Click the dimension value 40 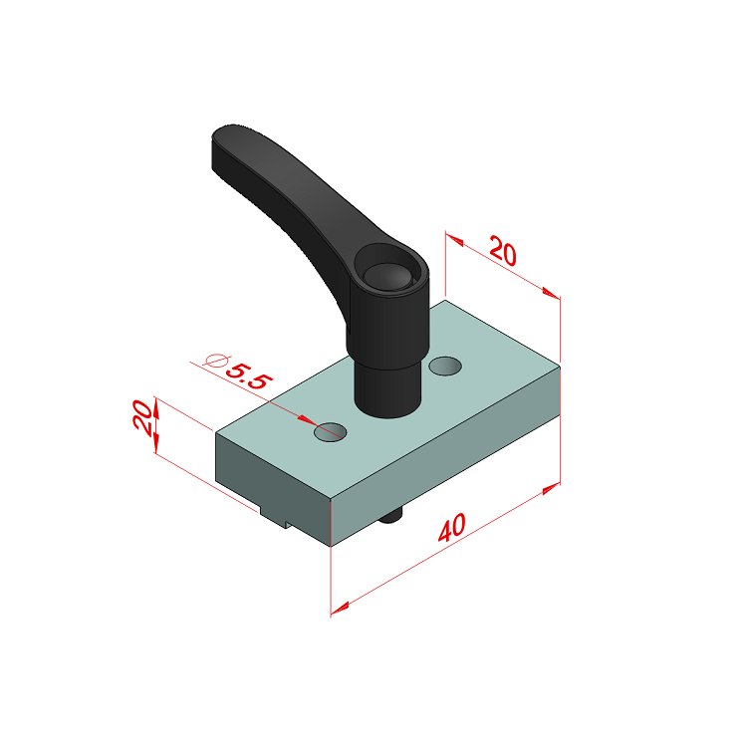(x=451, y=528)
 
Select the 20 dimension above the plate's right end (x=503, y=251)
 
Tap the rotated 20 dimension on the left (x=142, y=416)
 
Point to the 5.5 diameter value (x=249, y=376)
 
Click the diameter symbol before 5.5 (x=215, y=361)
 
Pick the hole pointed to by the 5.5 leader (x=330, y=431)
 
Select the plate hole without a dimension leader (x=445, y=366)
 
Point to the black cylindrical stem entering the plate (x=388, y=388)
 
